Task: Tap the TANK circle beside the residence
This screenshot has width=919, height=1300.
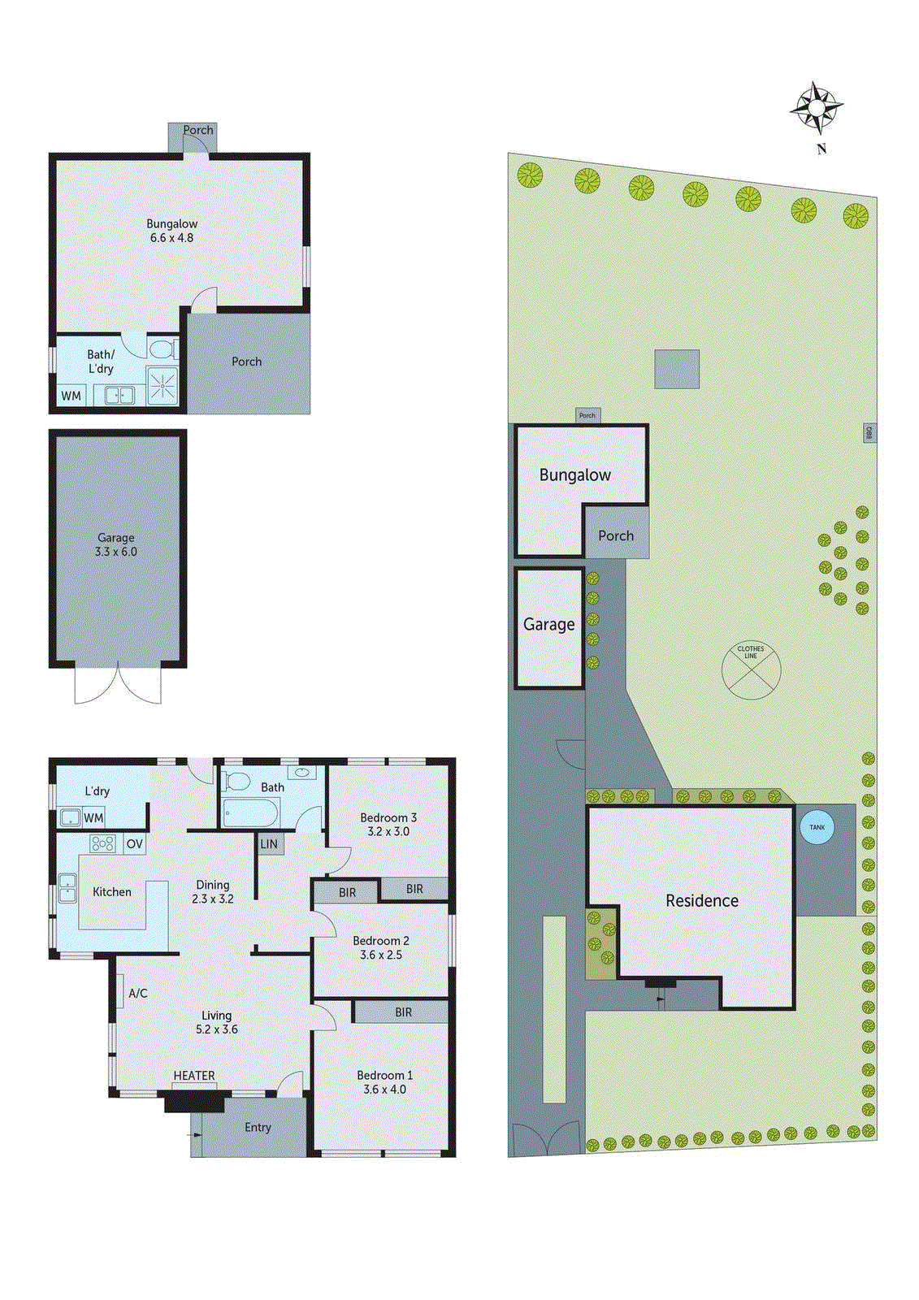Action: [817, 827]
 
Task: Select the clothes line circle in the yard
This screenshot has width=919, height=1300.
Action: [751, 670]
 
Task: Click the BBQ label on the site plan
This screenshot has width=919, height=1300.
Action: [869, 432]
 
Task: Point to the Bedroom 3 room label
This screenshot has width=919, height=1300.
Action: [388, 818]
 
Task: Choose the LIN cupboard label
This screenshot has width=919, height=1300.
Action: [269, 844]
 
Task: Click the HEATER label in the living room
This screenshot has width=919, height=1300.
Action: [194, 1076]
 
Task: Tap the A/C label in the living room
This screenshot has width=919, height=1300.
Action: [138, 993]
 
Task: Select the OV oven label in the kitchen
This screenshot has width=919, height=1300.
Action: [134, 844]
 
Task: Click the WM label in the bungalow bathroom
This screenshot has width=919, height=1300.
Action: [72, 396]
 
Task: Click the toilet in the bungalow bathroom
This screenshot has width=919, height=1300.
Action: [162, 349]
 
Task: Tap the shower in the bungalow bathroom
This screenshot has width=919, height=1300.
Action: [162, 385]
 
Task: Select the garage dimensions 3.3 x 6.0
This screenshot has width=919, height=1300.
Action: [116, 552]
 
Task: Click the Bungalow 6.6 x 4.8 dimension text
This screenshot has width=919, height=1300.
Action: [171, 238]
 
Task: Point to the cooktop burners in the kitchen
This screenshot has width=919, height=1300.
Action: [102, 843]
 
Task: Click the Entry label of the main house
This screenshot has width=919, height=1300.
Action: [258, 1127]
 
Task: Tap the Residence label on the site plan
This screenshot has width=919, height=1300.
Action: [702, 900]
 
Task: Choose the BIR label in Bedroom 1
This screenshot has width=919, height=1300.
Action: [403, 1012]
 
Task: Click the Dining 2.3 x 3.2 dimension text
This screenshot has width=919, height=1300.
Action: [213, 899]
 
